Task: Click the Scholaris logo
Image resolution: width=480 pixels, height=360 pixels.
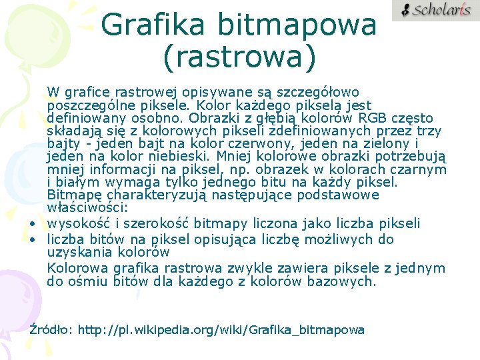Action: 435,10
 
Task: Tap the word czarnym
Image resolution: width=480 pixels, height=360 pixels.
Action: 421,169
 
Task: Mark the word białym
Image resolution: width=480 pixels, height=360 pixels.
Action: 73,182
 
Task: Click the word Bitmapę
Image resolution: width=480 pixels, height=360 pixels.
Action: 73,195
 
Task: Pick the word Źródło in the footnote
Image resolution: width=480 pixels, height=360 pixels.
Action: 52,329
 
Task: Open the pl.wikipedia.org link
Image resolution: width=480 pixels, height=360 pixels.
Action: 221,330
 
